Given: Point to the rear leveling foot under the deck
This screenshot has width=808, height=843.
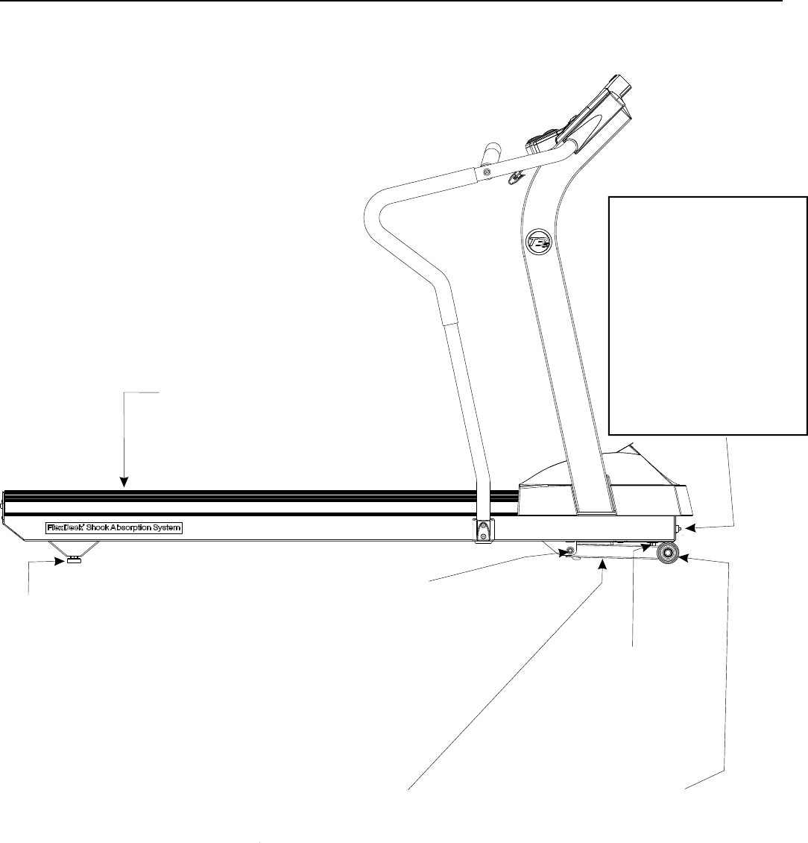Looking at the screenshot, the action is pos(74,559).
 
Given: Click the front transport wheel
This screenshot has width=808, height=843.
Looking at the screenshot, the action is pos(666,553).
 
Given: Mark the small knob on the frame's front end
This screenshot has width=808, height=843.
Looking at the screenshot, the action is pos(679,528).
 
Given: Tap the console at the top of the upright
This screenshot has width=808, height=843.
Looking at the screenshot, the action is pos(589,116).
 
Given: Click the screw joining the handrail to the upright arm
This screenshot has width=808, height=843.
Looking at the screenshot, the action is pos(487,172).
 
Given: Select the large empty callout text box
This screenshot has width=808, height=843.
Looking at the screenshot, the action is pos(708,314).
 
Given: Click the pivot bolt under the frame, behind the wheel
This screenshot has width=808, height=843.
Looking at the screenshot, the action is pos(570,550).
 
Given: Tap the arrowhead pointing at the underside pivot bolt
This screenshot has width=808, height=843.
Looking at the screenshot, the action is pos(560,553).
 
